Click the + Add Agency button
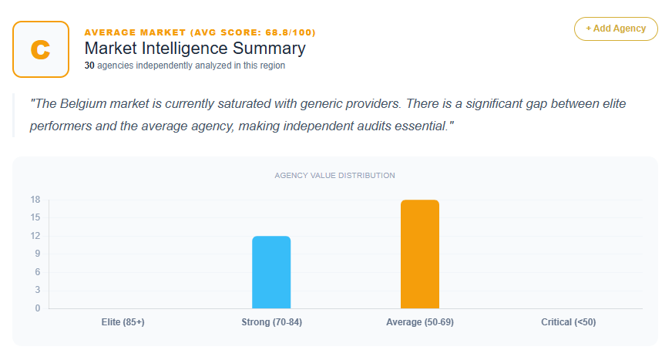tap(616, 29)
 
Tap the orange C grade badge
tap(41, 49)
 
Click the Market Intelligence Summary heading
tap(195, 49)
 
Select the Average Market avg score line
tap(200, 32)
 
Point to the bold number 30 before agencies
tap(89, 66)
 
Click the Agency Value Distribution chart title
tap(334, 176)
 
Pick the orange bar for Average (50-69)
tap(420, 254)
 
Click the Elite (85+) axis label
tap(123, 322)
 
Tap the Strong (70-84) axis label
tap(271, 322)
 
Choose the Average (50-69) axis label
tap(420, 322)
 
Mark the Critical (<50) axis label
tap(568, 322)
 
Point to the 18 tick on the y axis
tap(35, 200)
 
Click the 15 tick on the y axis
tap(35, 217)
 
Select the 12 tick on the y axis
tap(35, 236)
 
